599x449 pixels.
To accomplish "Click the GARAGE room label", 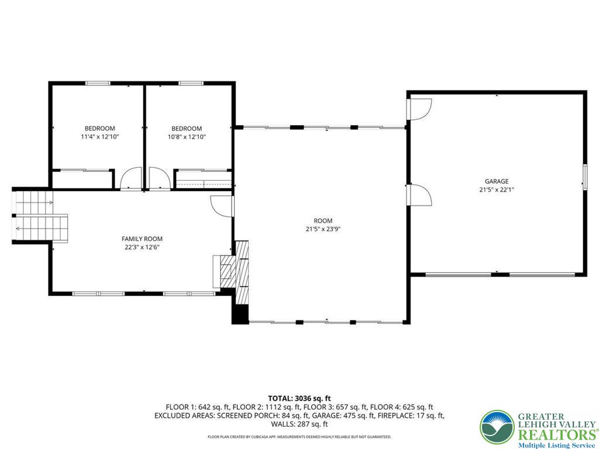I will click(496, 181).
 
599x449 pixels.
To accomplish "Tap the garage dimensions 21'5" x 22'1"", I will click(496, 189).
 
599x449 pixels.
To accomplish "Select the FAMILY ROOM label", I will click(142, 239).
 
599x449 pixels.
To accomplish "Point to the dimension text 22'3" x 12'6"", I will click(142, 247).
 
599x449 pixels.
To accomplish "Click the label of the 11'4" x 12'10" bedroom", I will click(99, 129).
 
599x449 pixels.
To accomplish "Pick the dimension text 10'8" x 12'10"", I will click(187, 137).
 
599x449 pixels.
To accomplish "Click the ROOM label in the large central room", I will click(318, 221).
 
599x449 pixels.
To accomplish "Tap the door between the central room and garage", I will click(419, 194).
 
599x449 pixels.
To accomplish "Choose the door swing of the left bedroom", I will click(131, 178).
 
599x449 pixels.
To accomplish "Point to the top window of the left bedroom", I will click(98, 83).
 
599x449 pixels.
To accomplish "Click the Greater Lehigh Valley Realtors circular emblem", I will click(497, 427).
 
